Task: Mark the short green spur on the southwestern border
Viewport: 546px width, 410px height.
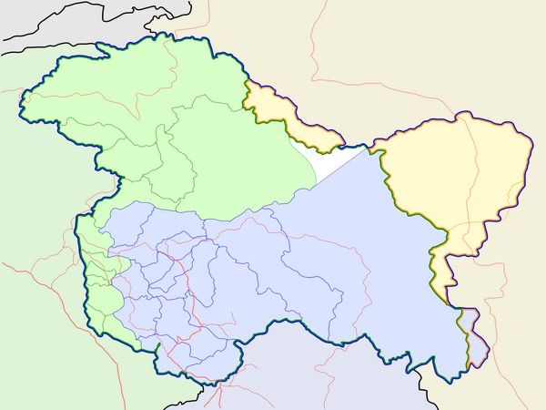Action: pos(157,348)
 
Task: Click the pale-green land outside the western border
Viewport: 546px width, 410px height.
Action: pos(36,228)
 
